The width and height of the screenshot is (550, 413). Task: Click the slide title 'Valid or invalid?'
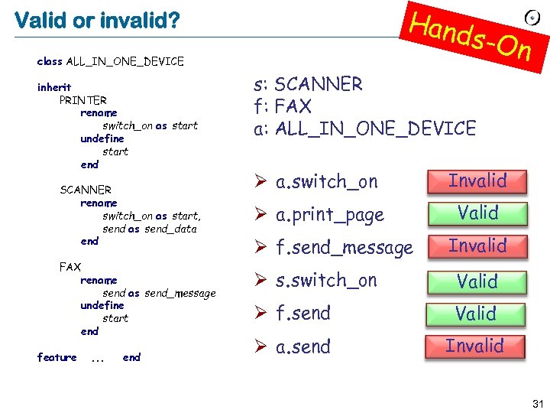pos(97,20)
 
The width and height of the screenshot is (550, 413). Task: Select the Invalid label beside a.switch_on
pos(477,181)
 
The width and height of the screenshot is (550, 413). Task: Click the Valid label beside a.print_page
pos(477,213)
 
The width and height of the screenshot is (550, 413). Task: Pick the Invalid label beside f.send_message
pos(477,246)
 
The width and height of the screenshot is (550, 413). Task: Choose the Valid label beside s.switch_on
pos(477,281)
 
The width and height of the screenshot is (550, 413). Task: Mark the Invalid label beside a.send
pos(475,346)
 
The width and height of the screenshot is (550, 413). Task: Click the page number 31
pos(538,403)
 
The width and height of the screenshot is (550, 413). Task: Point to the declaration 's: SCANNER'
pos(308,84)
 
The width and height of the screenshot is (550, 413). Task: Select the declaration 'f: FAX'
pos(282,106)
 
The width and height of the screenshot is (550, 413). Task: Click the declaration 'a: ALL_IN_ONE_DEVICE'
pos(364,128)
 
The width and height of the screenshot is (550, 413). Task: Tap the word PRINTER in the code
pos(82,100)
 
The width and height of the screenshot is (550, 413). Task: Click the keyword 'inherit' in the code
pos(54,87)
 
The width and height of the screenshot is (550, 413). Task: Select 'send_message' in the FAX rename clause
pos(180,293)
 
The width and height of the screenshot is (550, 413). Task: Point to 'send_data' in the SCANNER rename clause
pos(170,229)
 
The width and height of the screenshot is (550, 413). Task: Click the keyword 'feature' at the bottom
pos(57,357)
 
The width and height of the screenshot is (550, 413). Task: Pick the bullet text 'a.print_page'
pos(329,216)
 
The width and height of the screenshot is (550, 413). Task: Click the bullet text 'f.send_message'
pos(344,248)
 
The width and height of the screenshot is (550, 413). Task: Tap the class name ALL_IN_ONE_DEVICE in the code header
pos(125,61)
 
